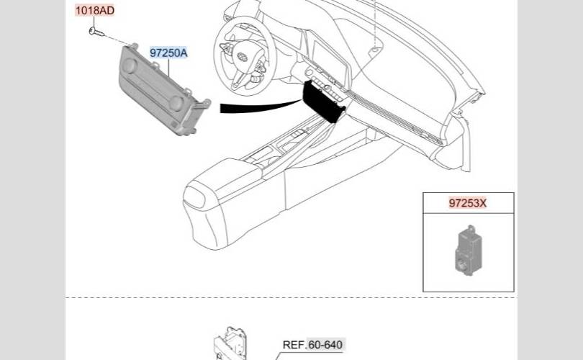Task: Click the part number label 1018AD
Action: pos(95,11)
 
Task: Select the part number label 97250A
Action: pos(168,53)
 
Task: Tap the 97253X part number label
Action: pos(468,203)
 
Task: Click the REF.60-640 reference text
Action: pos(312,345)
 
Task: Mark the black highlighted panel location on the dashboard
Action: pos(323,102)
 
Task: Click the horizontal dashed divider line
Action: pos(288,297)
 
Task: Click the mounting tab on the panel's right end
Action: pos(204,106)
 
